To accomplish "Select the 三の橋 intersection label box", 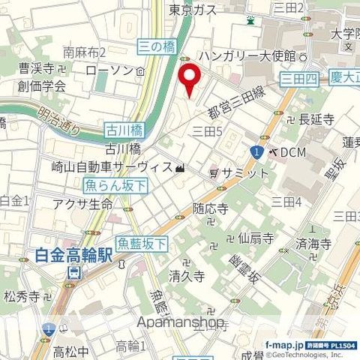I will [157, 47].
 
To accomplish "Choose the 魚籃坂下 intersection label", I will [142, 240].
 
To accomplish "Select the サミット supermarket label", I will [244, 172].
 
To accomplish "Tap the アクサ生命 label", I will [82, 204].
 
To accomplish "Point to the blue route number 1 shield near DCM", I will [256, 152].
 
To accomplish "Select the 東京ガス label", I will [193, 10].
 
